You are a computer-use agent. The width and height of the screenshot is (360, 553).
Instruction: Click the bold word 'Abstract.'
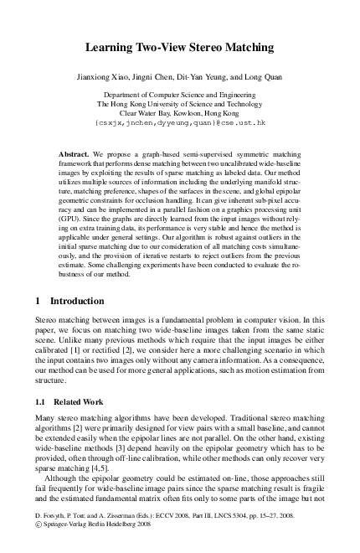coord(75,156)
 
